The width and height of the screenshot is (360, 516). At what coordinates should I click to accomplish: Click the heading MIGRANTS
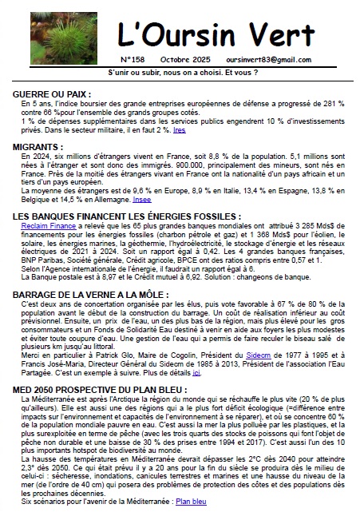point(38,148)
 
